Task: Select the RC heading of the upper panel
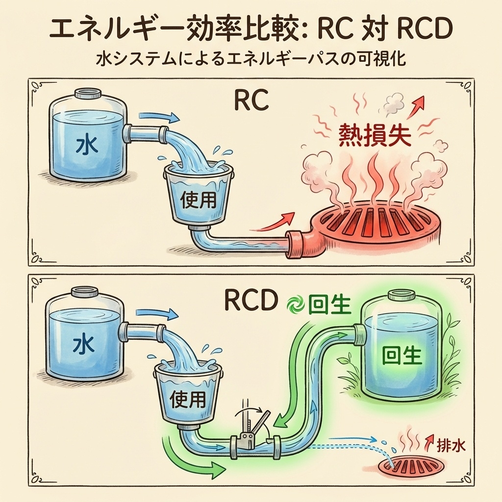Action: (x=251, y=100)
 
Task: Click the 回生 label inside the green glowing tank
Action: (x=402, y=355)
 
